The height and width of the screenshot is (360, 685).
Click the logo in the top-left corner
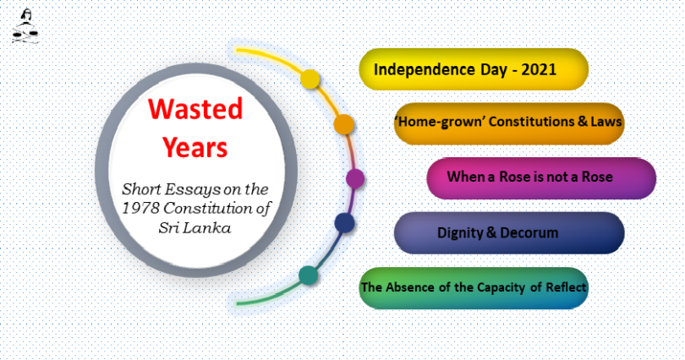(25, 26)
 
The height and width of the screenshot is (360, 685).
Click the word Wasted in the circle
(195, 109)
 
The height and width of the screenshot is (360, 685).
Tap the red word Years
(195, 148)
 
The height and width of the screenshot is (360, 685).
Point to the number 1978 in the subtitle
(140, 208)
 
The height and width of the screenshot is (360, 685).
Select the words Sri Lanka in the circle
(195, 228)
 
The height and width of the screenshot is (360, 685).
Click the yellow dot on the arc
(310, 79)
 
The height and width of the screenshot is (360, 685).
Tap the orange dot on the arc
(344, 124)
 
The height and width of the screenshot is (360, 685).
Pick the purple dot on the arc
(355, 179)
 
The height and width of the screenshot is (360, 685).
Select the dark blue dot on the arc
(344, 223)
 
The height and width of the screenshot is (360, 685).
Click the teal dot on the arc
(309, 275)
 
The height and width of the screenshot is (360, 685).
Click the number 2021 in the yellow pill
(539, 69)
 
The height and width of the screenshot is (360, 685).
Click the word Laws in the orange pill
(606, 122)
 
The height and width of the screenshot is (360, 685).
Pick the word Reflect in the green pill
(565, 287)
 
